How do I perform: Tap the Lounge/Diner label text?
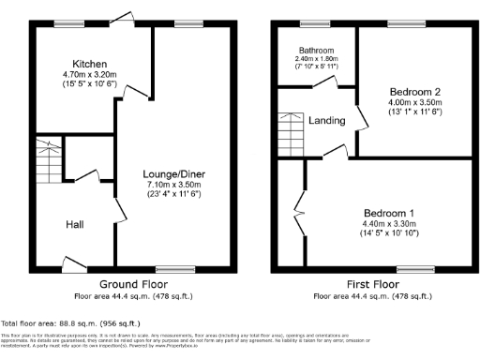point(168,174)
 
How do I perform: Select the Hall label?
point(76,225)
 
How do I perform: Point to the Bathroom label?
point(317,51)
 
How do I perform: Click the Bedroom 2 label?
point(415,92)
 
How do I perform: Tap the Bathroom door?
point(330,84)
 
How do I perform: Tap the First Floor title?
point(373,283)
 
